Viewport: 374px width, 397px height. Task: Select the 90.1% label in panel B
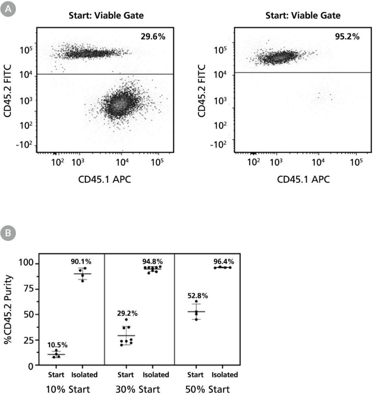coord(81,262)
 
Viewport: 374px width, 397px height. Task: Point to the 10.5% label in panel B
coord(58,344)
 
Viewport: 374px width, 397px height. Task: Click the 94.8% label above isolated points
coord(153,262)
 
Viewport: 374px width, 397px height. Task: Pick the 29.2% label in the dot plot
coord(127,313)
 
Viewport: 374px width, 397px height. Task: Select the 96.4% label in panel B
coord(223,262)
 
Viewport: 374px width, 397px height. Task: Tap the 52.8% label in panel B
coord(198,295)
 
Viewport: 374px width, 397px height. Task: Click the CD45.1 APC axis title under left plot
coord(105,179)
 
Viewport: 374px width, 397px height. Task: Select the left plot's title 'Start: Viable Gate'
coord(106,16)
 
